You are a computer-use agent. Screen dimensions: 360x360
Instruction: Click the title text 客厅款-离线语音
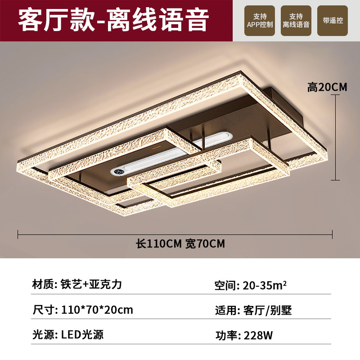[113, 20]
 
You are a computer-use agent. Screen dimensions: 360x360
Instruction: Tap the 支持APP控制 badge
[260, 21]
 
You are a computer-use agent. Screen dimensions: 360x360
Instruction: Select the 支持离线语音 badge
[296, 21]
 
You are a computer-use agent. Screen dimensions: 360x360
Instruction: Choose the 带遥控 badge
[332, 21]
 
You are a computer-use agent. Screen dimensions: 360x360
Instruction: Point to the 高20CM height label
[327, 87]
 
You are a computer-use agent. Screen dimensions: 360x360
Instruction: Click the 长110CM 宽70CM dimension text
[180, 244]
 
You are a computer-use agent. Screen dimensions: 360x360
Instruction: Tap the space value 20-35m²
[265, 285]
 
